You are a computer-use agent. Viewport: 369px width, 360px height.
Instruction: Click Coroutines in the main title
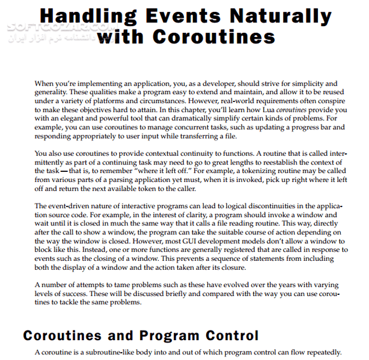click(214, 37)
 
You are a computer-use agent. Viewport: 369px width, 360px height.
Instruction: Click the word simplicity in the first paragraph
click(297, 83)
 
